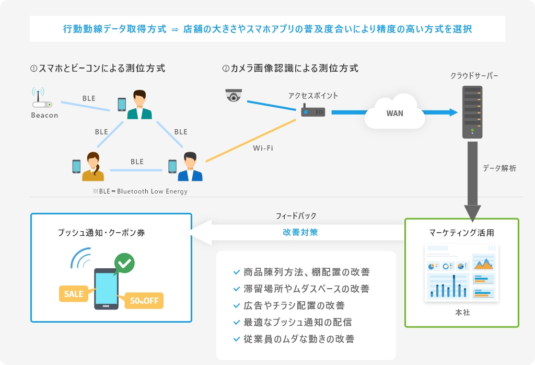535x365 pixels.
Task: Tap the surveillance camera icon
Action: click(x=234, y=95)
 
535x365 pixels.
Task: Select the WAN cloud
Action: click(x=395, y=112)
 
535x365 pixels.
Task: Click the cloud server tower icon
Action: click(x=472, y=112)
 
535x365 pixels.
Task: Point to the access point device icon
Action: click(x=313, y=110)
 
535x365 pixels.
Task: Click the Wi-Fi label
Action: click(x=263, y=148)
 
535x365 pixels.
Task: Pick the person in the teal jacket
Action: click(x=139, y=105)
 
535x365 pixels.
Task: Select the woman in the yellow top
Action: click(x=93, y=166)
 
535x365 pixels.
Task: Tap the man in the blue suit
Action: click(x=190, y=166)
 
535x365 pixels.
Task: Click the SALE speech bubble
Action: click(x=74, y=294)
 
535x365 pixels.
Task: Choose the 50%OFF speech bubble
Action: click(x=143, y=301)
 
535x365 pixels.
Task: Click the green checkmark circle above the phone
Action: click(x=124, y=263)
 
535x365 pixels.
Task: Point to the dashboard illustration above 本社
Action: click(x=462, y=273)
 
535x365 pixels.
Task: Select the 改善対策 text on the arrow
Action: click(x=300, y=233)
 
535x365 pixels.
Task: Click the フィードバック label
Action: click(x=296, y=216)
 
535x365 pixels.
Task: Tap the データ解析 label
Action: click(x=499, y=168)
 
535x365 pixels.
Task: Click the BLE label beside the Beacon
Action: click(x=89, y=98)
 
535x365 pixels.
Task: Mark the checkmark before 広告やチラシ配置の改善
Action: click(x=237, y=305)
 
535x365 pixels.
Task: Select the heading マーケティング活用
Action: click(x=462, y=233)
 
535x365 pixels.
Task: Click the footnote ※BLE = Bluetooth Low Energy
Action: click(x=140, y=191)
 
